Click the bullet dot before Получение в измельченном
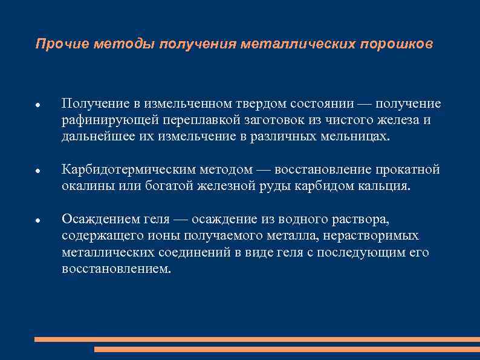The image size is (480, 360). (37, 105)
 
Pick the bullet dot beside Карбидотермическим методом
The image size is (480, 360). (37, 171)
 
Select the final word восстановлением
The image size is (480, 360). (116, 268)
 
